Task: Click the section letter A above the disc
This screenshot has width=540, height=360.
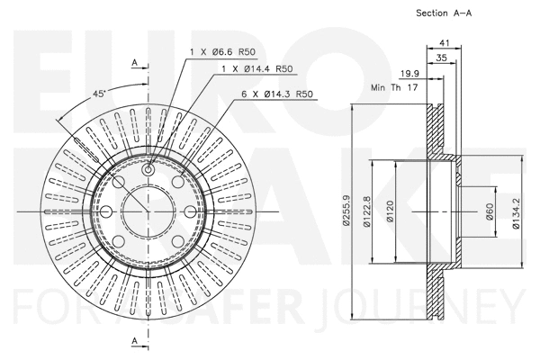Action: pyautogui.click(x=133, y=62)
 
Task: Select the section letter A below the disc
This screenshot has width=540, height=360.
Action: pyautogui.click(x=133, y=341)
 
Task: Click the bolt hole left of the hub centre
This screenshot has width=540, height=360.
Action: pyautogui.click(x=105, y=211)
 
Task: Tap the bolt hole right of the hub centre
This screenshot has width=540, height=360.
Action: pyautogui.click(x=190, y=211)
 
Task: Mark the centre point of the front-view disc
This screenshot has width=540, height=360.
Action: pyautogui.click(x=148, y=211)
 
